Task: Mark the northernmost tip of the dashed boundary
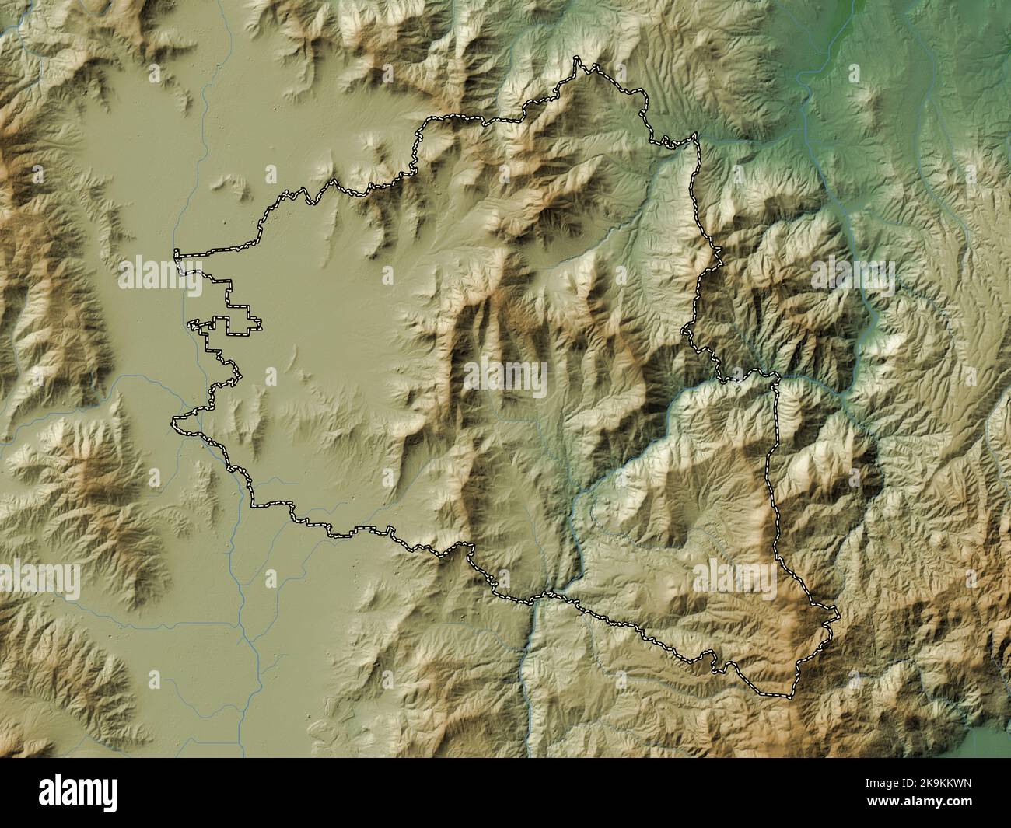[577, 58]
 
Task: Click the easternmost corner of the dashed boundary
[839, 616]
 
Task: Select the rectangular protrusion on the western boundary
[243, 321]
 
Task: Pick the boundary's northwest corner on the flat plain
[177, 253]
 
